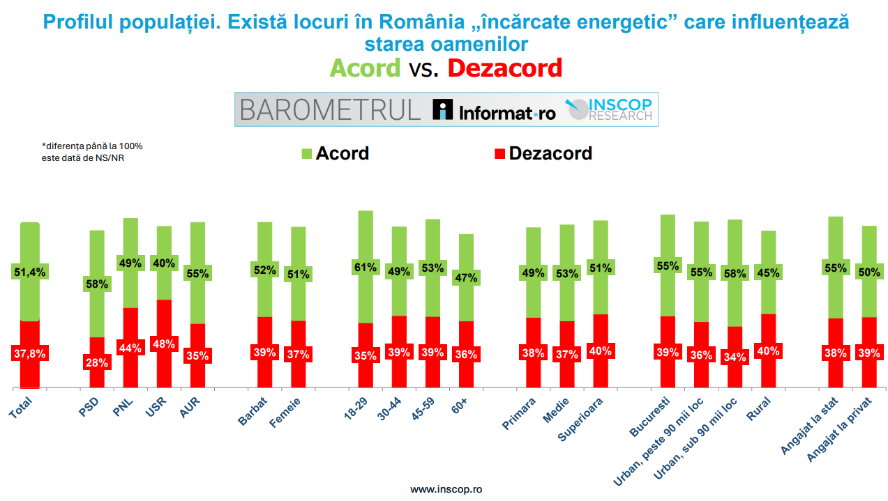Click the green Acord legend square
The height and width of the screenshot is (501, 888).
tap(306, 153)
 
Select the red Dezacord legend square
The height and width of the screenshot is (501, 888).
tap(499, 153)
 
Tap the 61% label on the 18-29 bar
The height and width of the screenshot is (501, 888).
tap(366, 267)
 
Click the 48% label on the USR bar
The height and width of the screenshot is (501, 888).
tap(164, 344)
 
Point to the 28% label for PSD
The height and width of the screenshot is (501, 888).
tap(97, 362)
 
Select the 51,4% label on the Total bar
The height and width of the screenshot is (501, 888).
tap(29, 272)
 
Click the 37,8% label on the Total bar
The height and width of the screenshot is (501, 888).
tap(29, 353)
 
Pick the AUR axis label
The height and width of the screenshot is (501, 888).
tap(190, 408)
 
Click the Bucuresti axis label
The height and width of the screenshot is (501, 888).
tap(650, 417)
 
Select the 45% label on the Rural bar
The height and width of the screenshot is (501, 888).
tap(768, 273)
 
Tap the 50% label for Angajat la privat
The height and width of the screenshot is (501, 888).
tap(868, 272)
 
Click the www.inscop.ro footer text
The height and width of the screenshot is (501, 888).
tap(446, 489)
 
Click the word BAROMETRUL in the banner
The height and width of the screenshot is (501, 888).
tap(330, 109)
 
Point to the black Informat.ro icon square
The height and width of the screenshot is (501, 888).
tap(443, 109)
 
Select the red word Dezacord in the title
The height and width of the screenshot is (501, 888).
tap(504, 68)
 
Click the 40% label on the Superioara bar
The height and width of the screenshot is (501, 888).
tap(600, 351)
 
